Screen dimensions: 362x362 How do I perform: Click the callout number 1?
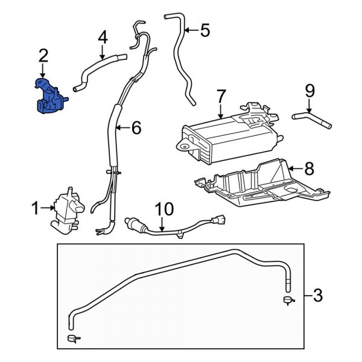(34, 209)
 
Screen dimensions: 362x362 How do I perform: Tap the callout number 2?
(43, 57)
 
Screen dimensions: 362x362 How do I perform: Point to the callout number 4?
(103, 37)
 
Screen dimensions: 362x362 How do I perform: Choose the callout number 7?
(221, 96)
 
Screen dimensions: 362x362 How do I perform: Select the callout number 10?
(164, 209)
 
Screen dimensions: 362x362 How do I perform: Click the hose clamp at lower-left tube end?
(72, 337)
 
